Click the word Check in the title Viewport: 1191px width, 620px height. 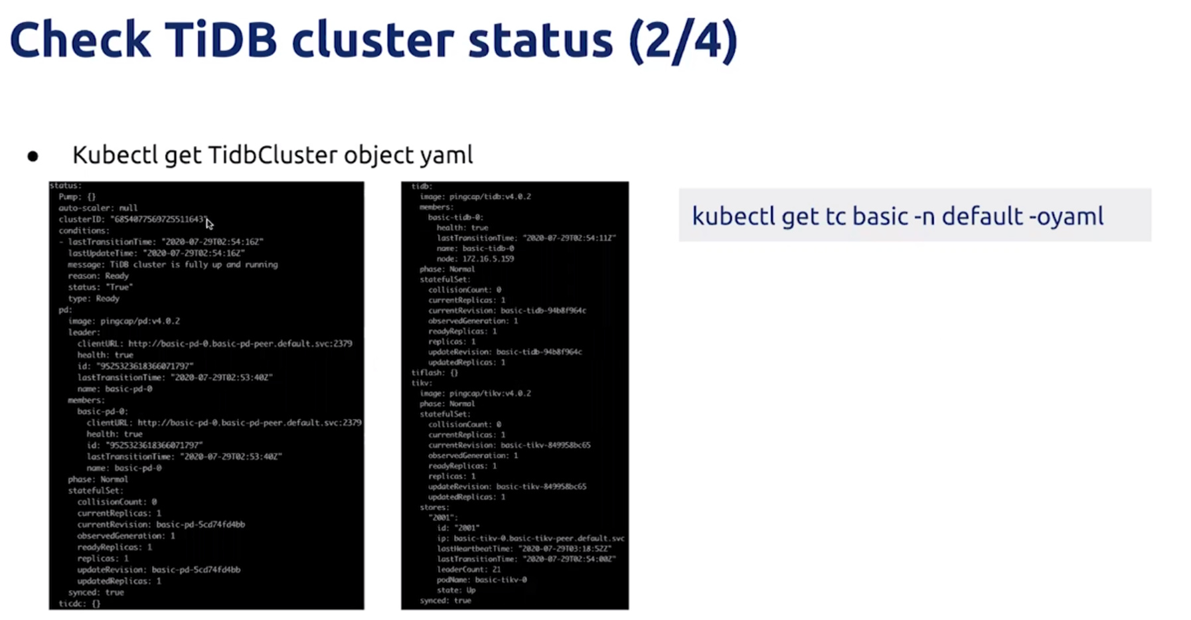click(80, 40)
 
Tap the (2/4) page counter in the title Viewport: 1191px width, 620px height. click(683, 41)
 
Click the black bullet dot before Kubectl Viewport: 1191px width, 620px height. click(33, 157)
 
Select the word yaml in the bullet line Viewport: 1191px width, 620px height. click(446, 155)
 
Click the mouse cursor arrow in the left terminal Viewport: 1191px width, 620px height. click(209, 224)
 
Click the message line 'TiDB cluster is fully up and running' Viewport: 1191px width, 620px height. click(173, 264)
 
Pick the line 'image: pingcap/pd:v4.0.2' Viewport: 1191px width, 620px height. click(123, 321)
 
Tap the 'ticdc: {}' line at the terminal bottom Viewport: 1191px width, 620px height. click(79, 603)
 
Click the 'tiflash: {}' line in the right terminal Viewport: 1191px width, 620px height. click(434, 372)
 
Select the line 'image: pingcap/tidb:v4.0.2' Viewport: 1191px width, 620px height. click(475, 196)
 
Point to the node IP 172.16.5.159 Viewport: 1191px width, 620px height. click(488, 258)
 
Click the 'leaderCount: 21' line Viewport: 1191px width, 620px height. click(469, 569)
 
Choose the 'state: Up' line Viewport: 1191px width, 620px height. click(456, 589)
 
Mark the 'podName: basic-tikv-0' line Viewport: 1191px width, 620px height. click(481, 580)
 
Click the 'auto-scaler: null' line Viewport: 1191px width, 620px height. click(98, 208)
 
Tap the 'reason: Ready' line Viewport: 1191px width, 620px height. click(98, 275)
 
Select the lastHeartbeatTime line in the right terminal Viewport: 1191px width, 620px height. click(524, 548)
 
